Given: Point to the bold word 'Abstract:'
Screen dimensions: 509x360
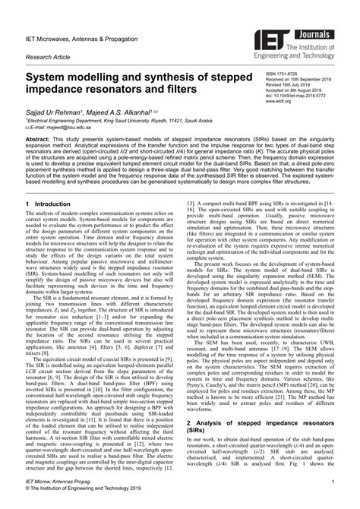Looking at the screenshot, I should click(43, 141).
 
